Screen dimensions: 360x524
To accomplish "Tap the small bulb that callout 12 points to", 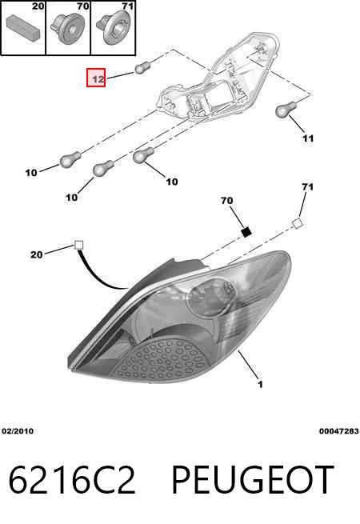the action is coord(142,68).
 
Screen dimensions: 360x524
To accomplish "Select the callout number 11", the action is coord(308,138).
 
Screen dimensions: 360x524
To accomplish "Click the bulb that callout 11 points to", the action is coord(286,110).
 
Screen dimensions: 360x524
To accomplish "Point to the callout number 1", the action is coord(260,385).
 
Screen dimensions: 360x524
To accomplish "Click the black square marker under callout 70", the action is coord(246,232).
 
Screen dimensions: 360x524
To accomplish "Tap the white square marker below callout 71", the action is coord(297,224).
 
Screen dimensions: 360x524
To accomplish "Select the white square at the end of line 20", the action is coord(78,246).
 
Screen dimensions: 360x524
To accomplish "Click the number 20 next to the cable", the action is coord(37,254).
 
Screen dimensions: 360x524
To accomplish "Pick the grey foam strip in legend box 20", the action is coord(23,26).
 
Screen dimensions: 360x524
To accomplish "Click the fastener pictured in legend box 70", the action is coord(68,29).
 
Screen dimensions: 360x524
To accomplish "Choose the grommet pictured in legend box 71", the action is coord(113,27).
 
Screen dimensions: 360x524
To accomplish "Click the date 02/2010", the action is coord(18,431).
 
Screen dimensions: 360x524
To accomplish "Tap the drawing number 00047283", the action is coord(338,431).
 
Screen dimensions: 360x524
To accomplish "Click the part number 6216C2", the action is coord(72,480).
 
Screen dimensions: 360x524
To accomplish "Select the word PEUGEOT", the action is coord(252,480).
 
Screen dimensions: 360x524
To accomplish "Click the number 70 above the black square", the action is coord(226,201).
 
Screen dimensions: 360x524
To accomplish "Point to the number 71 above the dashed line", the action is coord(307,187).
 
